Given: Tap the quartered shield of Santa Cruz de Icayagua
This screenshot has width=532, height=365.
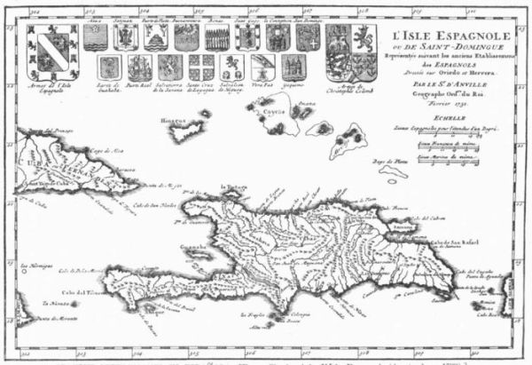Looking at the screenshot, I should tap(200, 67).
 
